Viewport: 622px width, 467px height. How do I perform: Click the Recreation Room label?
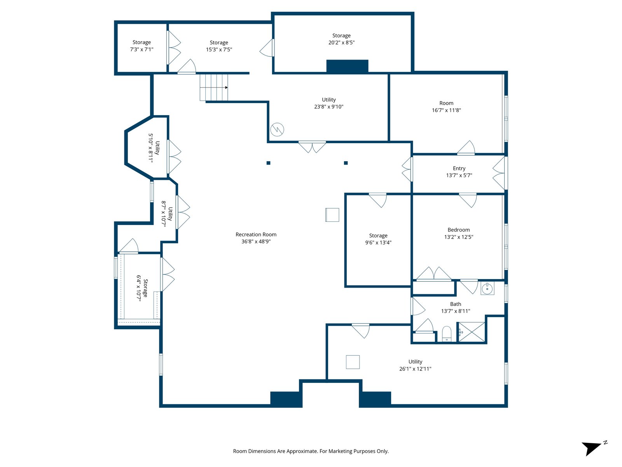click(x=256, y=235)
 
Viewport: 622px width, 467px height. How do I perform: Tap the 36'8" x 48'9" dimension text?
click(x=256, y=242)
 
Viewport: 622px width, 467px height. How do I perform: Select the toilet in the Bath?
click(x=447, y=334)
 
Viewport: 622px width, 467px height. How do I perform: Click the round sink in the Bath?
click(x=487, y=289)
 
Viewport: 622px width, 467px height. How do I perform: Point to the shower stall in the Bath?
click(x=472, y=332)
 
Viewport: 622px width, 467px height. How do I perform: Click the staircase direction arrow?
click(x=226, y=87)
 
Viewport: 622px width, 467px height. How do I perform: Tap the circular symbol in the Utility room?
click(x=277, y=130)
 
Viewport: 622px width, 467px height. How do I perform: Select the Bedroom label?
click(x=458, y=230)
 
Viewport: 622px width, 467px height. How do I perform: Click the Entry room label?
click(x=459, y=169)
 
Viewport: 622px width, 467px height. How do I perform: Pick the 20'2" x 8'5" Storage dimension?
click(x=341, y=42)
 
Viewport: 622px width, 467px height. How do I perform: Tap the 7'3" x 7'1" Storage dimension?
click(x=142, y=49)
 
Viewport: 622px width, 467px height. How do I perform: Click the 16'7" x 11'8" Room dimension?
click(x=446, y=110)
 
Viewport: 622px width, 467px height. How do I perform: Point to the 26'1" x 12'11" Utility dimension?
click(x=415, y=369)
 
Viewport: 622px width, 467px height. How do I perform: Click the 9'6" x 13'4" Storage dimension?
click(x=378, y=242)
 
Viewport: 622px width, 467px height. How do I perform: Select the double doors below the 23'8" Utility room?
click(x=312, y=147)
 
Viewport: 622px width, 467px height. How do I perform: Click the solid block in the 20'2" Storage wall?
click(x=347, y=66)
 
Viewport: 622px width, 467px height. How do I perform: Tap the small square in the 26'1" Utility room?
click(x=353, y=362)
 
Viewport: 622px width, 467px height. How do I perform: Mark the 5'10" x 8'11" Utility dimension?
click(x=151, y=148)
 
